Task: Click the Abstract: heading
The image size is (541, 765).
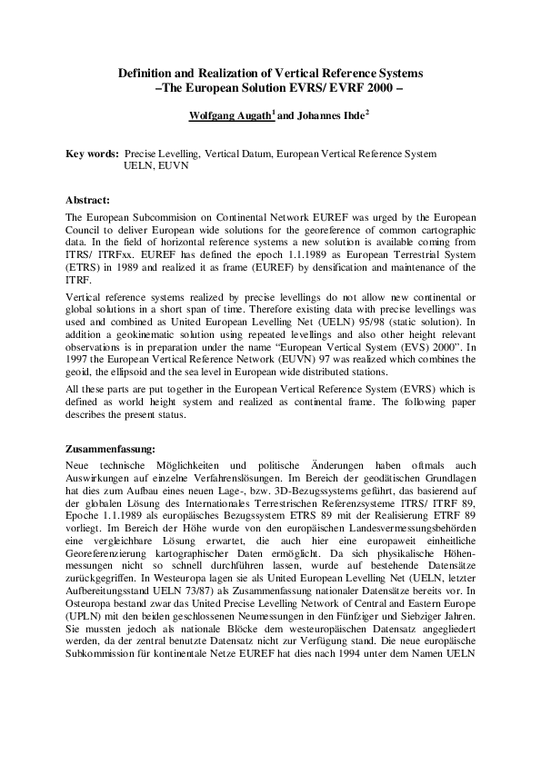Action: pos(88,199)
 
